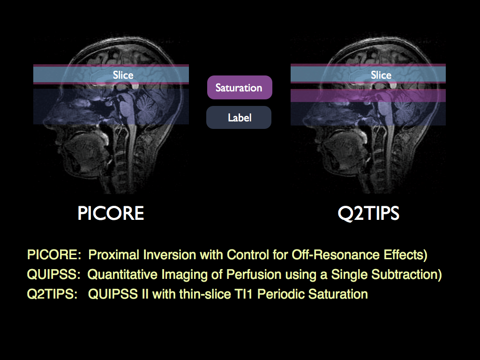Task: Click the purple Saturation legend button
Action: pos(239,88)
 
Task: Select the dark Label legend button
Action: pos(239,118)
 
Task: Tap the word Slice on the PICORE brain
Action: pos(123,75)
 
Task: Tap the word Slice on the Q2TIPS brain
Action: pos(381,75)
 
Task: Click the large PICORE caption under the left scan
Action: pos(111,214)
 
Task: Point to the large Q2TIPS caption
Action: pos(368,214)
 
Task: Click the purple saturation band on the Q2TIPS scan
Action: pos(368,96)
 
